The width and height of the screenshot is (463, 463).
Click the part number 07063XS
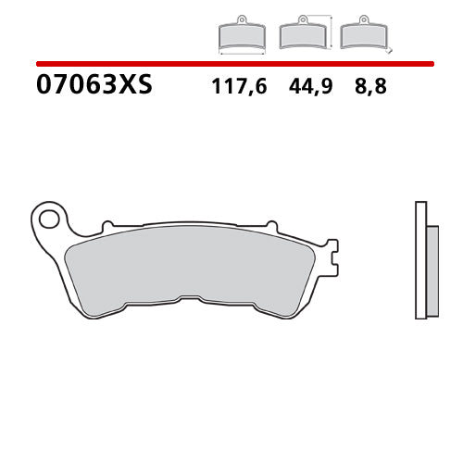(x=94, y=86)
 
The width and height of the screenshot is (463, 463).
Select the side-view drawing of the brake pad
(x=425, y=259)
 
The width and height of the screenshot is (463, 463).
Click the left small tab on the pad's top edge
(x=107, y=225)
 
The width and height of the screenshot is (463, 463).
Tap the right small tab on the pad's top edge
(x=270, y=225)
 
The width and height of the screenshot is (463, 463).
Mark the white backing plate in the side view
(x=420, y=259)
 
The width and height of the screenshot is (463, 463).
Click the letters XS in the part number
(x=136, y=86)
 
